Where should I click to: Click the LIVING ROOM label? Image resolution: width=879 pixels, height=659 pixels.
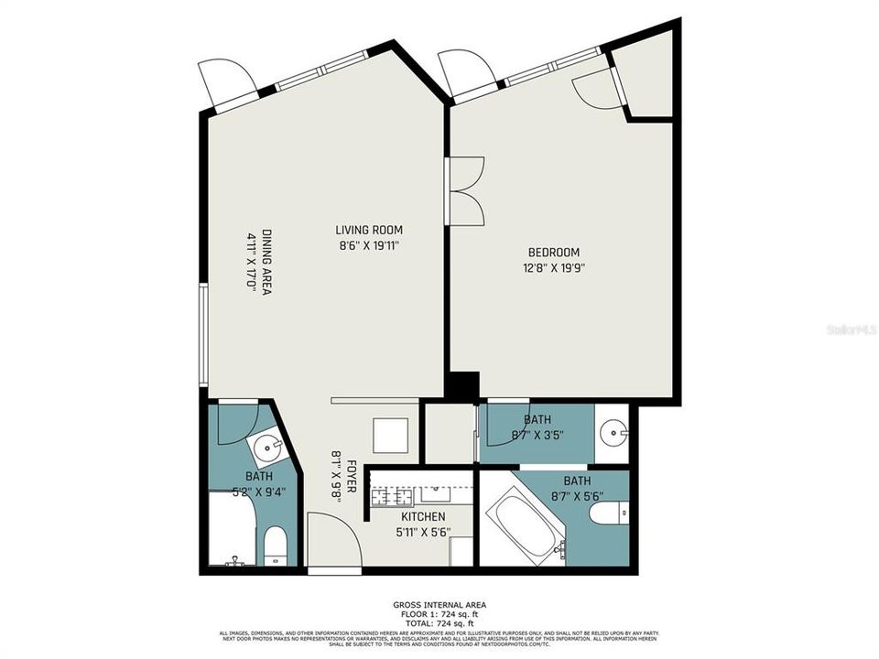click(x=368, y=230)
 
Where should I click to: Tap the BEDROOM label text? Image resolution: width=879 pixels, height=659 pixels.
click(x=553, y=253)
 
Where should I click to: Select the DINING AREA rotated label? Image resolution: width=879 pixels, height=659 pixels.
click(x=266, y=261)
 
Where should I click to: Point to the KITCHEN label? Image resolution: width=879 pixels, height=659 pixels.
click(x=422, y=516)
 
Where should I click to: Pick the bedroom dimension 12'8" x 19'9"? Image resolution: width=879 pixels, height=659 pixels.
click(x=553, y=268)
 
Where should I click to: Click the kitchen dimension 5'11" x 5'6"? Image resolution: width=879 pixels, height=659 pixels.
click(x=422, y=532)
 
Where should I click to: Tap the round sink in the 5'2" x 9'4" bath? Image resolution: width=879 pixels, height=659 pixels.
click(x=268, y=449)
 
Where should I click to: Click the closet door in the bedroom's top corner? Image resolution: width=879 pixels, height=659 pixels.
click(x=595, y=86)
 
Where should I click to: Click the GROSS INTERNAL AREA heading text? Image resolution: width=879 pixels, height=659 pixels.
click(x=439, y=605)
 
